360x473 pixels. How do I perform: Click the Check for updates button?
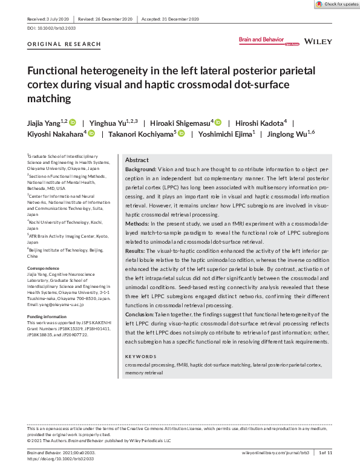click(x=337, y=4)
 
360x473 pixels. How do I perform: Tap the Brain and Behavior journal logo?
click(x=261, y=40)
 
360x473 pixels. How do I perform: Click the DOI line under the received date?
click(x=51, y=28)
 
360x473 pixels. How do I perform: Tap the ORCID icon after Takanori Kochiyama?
click(x=180, y=134)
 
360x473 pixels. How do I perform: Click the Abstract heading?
click(x=136, y=160)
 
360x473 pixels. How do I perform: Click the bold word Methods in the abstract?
click(x=137, y=223)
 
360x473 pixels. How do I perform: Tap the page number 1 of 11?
click(x=326, y=453)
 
